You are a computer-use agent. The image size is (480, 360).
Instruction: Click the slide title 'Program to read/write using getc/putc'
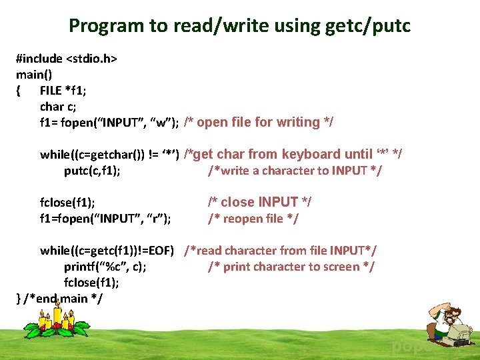point(240,26)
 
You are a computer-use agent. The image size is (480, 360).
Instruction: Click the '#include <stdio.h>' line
point(67,58)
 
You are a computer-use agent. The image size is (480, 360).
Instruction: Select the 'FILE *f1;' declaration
point(67,90)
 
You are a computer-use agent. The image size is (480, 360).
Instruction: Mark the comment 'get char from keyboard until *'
point(293,154)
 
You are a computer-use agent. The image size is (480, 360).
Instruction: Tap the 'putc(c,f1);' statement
point(92,171)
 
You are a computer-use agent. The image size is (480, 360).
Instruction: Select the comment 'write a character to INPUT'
point(295,171)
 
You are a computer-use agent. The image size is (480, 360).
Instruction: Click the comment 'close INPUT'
point(259,202)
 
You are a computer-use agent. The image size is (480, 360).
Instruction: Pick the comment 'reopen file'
point(253,218)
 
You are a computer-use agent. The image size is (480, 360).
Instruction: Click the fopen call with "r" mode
point(105,219)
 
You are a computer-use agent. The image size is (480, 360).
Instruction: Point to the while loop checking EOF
point(107,251)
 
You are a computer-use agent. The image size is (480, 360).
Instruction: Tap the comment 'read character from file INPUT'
point(280,251)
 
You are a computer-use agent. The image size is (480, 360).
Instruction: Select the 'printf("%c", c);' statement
point(105,267)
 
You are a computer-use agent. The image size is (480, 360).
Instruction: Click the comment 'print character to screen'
point(291,267)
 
